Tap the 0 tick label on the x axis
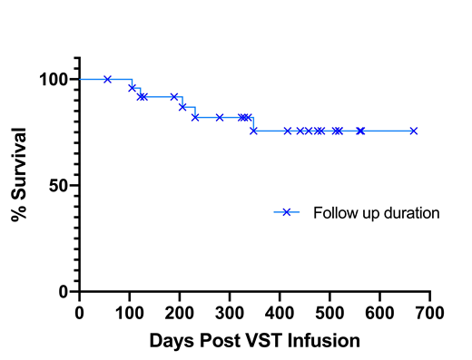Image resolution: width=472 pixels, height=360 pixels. [x=80, y=311]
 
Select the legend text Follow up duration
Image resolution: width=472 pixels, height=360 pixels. [x=376, y=213]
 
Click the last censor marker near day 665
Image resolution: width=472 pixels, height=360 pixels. [x=413, y=131]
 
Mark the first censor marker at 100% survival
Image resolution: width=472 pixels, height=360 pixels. [x=108, y=79]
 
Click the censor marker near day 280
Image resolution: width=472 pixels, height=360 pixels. [x=220, y=117]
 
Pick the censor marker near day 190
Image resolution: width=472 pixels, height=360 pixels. [x=174, y=96]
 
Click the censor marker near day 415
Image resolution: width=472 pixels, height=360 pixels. [x=288, y=131]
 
